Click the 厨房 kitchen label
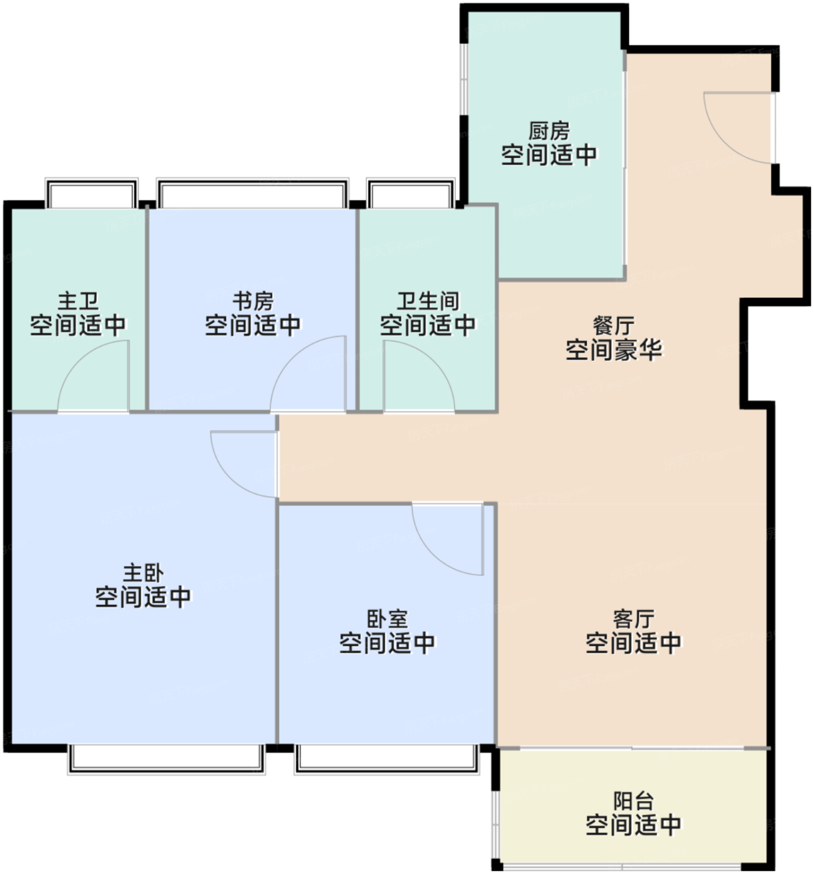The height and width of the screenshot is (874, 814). (x=549, y=130)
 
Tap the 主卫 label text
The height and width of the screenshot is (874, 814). (x=78, y=301)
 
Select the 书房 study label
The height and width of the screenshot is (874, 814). (x=253, y=301)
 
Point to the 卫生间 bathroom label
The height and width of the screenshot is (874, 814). (x=428, y=301)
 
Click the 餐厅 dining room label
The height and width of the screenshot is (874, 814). (x=613, y=326)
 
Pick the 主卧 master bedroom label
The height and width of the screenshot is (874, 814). (x=143, y=573)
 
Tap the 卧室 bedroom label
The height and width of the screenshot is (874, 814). (x=387, y=619)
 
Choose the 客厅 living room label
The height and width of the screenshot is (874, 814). (x=633, y=619)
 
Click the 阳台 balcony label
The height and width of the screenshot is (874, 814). (x=633, y=801)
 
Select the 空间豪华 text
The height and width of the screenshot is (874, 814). (x=613, y=350)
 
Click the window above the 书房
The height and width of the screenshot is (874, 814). (x=252, y=193)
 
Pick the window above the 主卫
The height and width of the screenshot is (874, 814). (x=91, y=193)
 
